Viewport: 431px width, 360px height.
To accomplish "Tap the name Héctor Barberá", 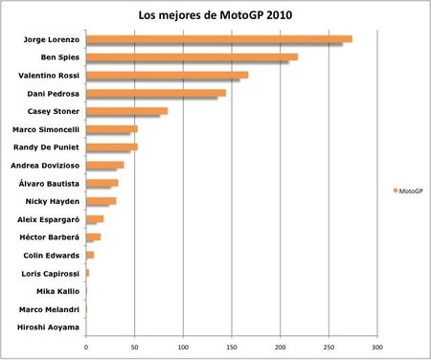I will (x=48, y=236).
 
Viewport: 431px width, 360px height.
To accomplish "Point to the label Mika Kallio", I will (x=57, y=291).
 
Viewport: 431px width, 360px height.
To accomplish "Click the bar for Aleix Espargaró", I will (x=95, y=218).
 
